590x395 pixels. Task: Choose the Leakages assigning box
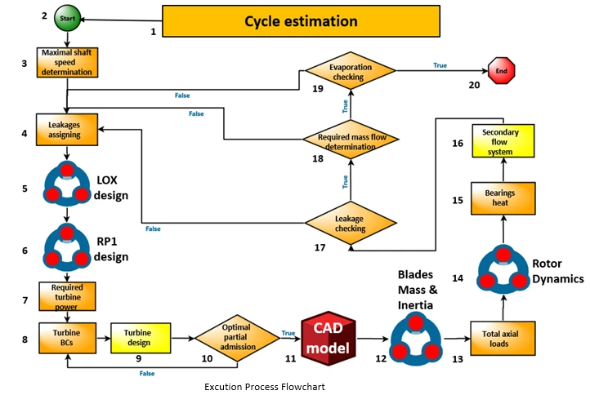coord(67,126)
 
